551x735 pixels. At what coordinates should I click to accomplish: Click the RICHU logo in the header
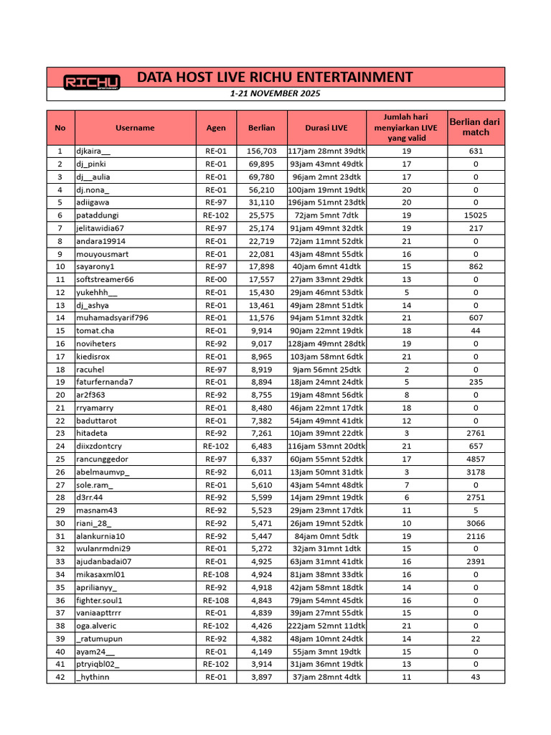91,82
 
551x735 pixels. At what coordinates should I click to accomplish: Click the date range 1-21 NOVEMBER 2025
275,94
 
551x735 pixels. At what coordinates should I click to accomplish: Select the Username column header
135,128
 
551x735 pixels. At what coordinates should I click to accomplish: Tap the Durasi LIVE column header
326,128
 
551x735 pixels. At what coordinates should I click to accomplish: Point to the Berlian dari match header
476,128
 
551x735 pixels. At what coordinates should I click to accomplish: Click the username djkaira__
94,151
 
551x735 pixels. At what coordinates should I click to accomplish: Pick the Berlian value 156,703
261,151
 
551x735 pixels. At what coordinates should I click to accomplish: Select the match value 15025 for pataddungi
476,215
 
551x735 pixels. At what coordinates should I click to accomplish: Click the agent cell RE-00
216,279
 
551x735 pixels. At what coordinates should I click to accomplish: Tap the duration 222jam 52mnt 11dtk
326,626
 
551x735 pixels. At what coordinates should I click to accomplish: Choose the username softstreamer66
105,279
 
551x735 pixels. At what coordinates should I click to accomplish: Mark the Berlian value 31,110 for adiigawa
261,202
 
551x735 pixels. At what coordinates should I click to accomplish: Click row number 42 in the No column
60,677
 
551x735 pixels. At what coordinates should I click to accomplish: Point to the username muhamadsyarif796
112,317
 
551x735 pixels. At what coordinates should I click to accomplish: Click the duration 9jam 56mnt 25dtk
326,369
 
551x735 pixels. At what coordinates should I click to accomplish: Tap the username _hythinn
93,677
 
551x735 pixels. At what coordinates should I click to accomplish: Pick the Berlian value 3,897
261,677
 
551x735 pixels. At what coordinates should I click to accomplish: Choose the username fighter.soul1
100,600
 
